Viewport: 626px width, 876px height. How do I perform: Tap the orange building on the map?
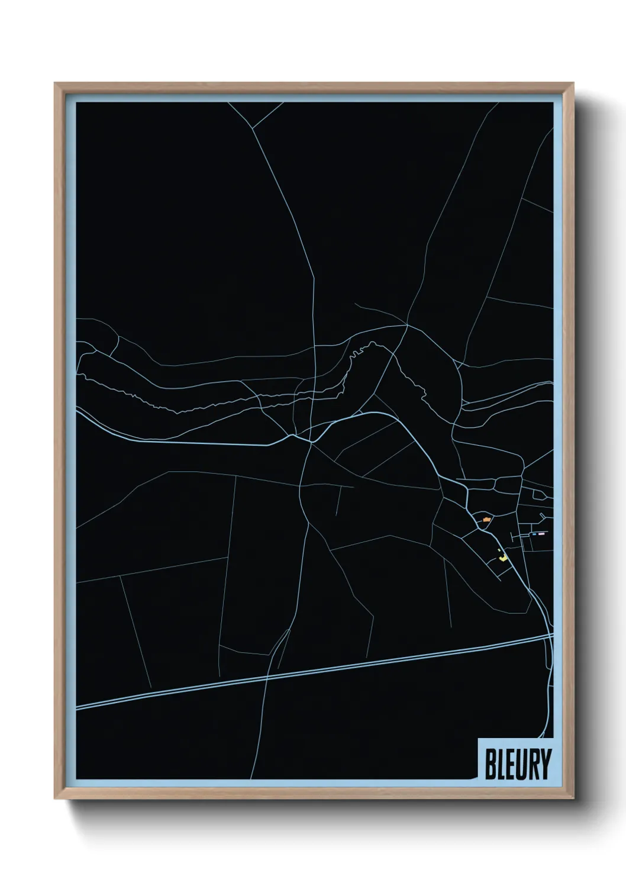[486, 520]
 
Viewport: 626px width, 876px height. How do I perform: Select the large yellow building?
[504, 557]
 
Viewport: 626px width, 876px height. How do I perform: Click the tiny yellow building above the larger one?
[500, 550]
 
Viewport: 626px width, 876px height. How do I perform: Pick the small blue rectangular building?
[534, 534]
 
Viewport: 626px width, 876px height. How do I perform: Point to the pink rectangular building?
[541, 534]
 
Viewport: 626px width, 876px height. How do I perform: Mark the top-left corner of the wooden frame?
[55, 83]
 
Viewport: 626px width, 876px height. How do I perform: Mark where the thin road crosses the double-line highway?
[268, 677]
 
